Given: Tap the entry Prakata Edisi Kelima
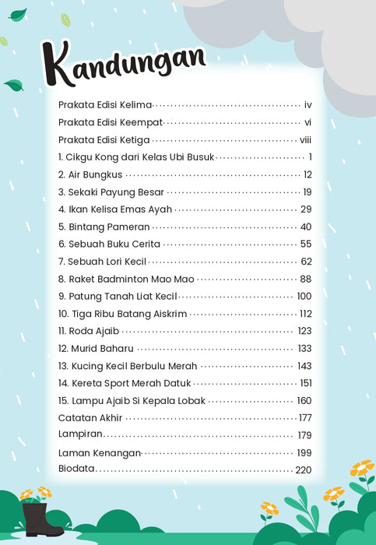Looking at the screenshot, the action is [105, 104].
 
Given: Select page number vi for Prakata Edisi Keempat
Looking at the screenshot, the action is [307, 122].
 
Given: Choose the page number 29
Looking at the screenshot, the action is [306, 209].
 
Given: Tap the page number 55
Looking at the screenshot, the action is [306, 244].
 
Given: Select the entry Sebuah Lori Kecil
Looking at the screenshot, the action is [102, 262].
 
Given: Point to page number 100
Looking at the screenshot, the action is [304, 296].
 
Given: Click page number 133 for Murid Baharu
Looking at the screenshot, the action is [304, 348].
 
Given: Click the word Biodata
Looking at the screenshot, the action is [76, 469].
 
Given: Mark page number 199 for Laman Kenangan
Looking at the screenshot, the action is [304, 453].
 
